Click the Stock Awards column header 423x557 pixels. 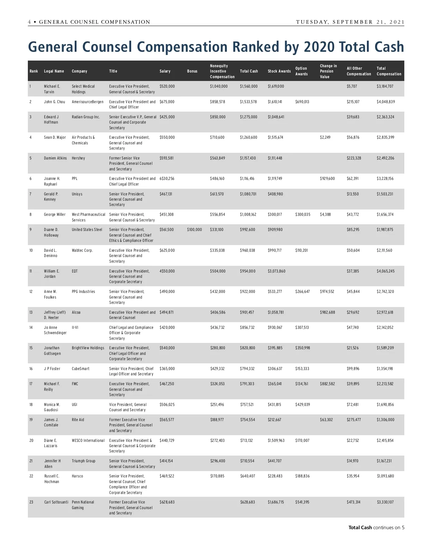coord(279,71)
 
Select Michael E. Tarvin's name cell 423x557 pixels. coord(52,89)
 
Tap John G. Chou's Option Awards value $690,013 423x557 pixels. coord(302,102)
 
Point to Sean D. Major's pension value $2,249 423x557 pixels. coord(325,137)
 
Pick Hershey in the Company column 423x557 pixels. coord(78,158)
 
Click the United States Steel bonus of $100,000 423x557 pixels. coord(194,230)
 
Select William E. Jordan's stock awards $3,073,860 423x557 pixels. coord(276,271)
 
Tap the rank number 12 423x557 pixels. coord(31,292)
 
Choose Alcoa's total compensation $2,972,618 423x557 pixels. coord(385,312)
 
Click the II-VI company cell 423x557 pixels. coord(75,327)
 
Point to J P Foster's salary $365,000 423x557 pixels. coord(167,369)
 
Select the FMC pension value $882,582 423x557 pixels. coord(327,384)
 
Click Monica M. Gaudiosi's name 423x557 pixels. coord(52,407)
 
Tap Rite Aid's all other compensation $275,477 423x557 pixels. coord(354,420)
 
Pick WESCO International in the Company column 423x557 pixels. coord(88,440)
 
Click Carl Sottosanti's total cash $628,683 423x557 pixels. coord(247,502)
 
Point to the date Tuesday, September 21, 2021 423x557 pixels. coord(350,22)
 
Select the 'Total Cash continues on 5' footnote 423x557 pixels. coord(376,527)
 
